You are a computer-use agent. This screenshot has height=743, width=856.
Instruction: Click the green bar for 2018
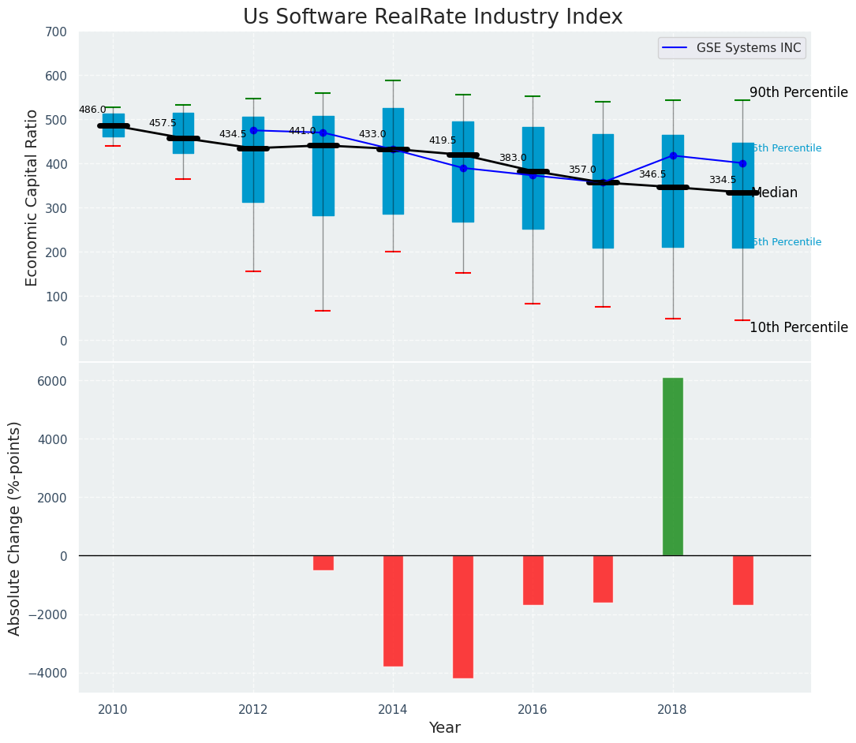(672, 466)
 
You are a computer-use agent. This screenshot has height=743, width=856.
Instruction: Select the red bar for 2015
(463, 616)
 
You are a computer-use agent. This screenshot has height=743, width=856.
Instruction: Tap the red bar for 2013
(323, 562)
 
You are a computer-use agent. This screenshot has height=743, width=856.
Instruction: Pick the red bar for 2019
(742, 580)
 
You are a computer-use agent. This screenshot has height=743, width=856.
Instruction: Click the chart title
(432, 17)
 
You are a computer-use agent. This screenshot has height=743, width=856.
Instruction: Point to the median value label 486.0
(92, 110)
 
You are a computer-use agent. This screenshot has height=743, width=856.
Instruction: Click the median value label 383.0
(513, 159)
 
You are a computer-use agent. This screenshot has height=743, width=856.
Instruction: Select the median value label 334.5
(723, 181)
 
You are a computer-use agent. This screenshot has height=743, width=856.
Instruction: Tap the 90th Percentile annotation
(798, 93)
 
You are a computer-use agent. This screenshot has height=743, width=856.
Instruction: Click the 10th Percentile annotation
(798, 328)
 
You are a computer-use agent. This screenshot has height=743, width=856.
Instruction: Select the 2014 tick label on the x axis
(393, 709)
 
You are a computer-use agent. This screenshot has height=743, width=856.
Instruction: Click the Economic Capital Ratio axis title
(32, 197)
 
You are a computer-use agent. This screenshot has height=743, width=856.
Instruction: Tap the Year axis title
(445, 728)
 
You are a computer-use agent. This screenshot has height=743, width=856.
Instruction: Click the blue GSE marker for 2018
(672, 156)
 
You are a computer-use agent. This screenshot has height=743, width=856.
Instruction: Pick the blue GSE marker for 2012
(253, 130)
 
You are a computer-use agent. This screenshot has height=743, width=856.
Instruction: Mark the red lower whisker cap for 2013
(323, 311)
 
